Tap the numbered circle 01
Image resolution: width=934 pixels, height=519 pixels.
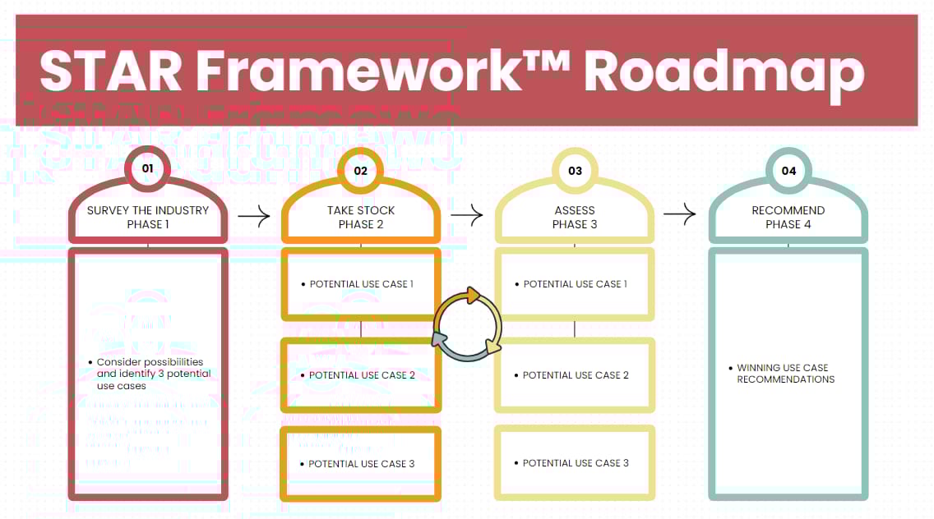[x=148, y=170]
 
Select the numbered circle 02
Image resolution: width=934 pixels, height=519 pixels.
[x=361, y=171]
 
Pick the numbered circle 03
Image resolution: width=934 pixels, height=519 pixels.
[x=575, y=171]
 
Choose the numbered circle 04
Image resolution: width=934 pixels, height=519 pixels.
[x=788, y=171]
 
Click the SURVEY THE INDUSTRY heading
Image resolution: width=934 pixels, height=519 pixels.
[x=148, y=210]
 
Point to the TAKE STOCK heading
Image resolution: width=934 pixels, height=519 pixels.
[x=361, y=210]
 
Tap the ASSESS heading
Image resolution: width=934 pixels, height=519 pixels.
[x=575, y=210]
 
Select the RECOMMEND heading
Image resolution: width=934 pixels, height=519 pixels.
[x=788, y=210]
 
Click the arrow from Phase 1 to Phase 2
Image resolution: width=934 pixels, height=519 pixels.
[x=254, y=217]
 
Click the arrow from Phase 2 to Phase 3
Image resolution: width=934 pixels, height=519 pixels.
[x=467, y=216]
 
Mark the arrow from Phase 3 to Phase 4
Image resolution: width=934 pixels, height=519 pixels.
[x=680, y=215]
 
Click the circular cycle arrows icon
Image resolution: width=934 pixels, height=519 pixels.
[x=466, y=324]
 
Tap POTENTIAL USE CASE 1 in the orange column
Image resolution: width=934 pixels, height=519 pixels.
[x=361, y=284]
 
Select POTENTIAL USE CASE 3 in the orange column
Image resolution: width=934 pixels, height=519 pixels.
[x=361, y=464]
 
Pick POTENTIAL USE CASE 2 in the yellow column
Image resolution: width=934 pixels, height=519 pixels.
[x=576, y=375]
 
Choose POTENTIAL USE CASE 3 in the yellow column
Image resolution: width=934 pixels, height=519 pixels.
[x=576, y=463]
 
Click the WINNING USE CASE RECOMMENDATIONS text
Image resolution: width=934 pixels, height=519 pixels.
[x=785, y=374]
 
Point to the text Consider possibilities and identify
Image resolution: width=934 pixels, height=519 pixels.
[x=150, y=368]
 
